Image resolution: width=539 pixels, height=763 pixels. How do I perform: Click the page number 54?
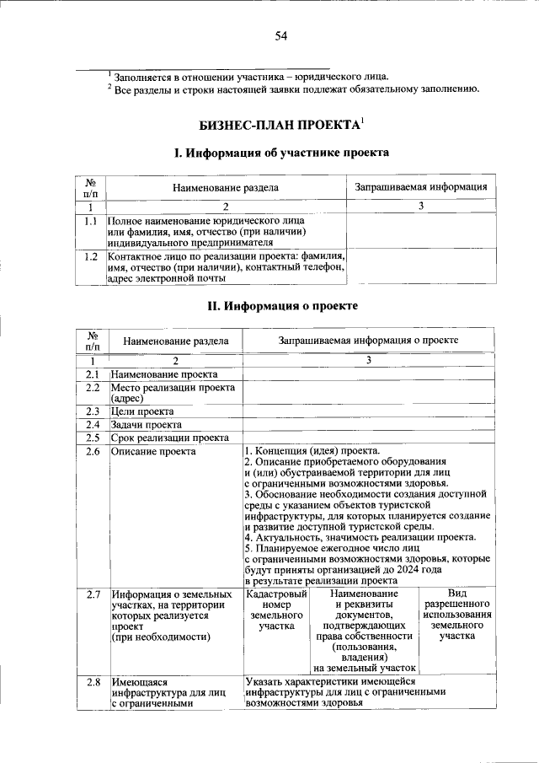pos(281,35)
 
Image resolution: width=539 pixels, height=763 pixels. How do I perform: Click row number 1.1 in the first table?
pos(91,221)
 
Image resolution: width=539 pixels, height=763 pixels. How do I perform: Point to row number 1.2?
pos(91,255)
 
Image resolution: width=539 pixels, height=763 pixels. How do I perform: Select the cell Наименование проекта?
pos(163,374)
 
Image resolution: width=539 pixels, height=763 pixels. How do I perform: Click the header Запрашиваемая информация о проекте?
pos(369,340)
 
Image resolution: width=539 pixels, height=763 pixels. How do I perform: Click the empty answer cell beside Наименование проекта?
pos(369,374)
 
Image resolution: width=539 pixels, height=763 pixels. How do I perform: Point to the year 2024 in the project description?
pos(425,570)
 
